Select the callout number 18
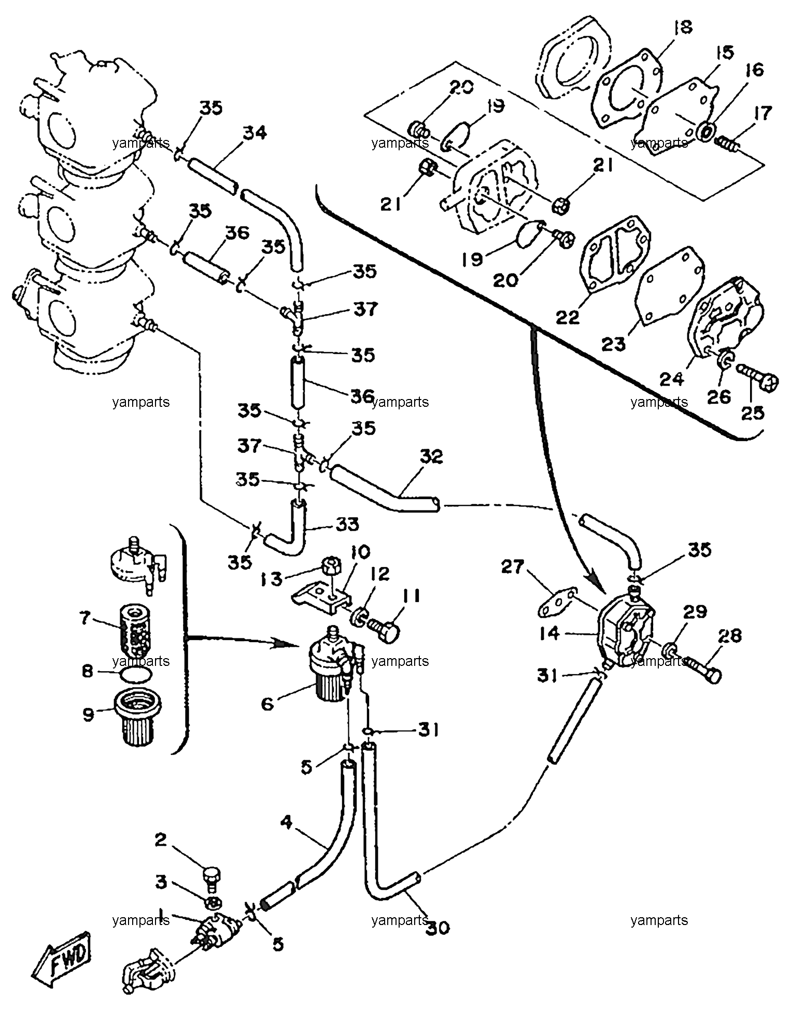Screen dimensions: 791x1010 (x=683, y=27)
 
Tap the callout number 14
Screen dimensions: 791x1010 (x=550, y=633)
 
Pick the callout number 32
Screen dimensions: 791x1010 (x=431, y=457)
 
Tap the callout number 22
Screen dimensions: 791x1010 (x=568, y=317)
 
